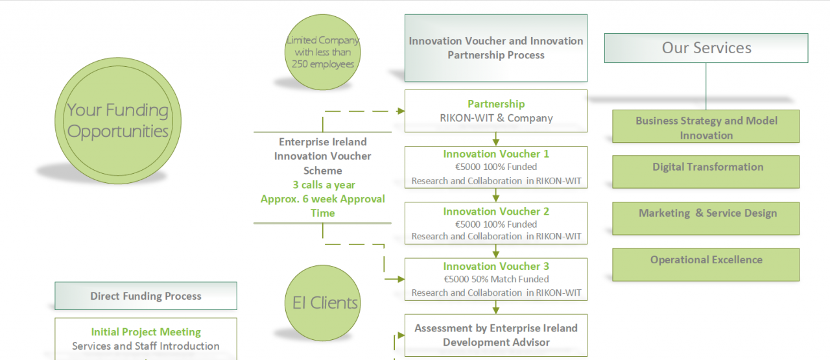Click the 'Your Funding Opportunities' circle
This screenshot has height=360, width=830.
[117, 121]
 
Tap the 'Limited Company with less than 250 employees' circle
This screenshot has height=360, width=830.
[323, 52]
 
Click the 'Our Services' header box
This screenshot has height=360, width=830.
[706, 48]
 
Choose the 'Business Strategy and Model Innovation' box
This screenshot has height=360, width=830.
[705, 127]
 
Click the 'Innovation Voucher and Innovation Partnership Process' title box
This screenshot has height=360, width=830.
[495, 48]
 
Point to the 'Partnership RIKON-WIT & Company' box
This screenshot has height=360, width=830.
[495, 111]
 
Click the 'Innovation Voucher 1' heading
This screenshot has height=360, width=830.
[496, 154]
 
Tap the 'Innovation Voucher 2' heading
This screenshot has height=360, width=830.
[496, 211]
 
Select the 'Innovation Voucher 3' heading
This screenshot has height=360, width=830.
[496, 266]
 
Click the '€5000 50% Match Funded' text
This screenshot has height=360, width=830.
[496, 279]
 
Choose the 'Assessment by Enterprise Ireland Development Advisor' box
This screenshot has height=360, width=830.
[495, 335]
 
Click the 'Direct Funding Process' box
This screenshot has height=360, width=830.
[145, 296]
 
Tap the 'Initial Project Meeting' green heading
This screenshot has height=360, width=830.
[145, 332]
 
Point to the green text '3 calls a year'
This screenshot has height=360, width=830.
[323, 185]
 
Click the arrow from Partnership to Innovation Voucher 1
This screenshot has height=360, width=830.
[496, 139]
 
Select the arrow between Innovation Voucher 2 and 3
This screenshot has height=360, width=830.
[496, 251]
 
